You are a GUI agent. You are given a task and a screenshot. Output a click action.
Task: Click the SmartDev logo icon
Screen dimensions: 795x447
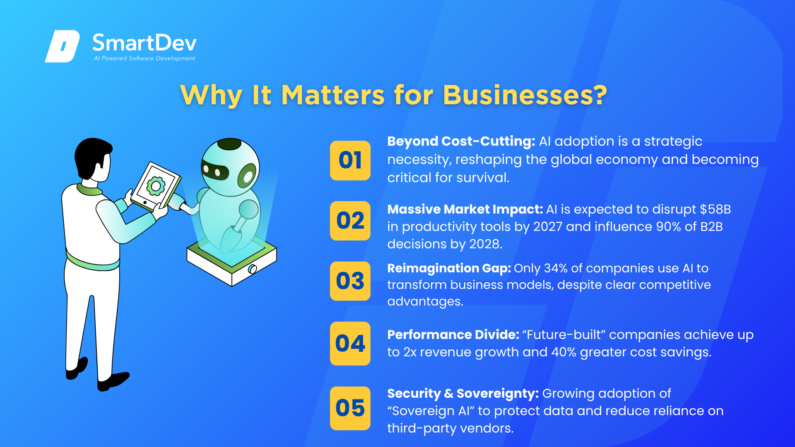click(x=62, y=46)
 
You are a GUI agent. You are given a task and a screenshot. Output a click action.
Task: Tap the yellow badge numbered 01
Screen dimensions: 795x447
click(x=350, y=161)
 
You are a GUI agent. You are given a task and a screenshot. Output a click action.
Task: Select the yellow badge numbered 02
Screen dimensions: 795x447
click(x=350, y=221)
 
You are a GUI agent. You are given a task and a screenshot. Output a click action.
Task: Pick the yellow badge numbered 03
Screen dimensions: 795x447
click(x=350, y=281)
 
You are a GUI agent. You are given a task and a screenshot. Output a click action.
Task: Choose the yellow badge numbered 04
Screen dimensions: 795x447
click(x=350, y=344)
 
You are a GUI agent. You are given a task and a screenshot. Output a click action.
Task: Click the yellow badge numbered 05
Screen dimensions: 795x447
click(x=350, y=408)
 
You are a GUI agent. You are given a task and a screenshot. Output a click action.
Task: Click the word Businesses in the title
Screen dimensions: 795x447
click(x=525, y=95)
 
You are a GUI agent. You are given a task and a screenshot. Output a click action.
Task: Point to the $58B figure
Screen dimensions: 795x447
click(x=715, y=209)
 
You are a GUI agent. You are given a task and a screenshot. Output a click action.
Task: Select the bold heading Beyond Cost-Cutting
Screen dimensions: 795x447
click(x=461, y=142)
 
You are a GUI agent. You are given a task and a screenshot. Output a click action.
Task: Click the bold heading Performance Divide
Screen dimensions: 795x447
click(x=453, y=334)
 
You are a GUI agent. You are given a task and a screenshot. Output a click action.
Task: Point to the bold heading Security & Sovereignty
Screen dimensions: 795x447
click(x=463, y=394)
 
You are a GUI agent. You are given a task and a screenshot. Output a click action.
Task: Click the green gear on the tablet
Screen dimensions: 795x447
click(x=156, y=186)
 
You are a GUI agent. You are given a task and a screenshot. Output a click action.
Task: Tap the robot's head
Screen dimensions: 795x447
click(x=230, y=167)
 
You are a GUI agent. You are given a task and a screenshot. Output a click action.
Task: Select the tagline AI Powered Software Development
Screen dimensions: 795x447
click(x=145, y=58)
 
